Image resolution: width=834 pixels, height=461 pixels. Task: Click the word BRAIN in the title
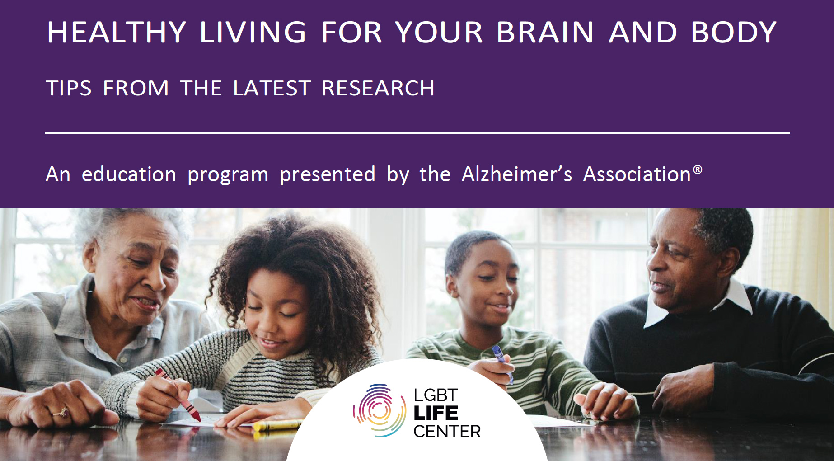[x=545, y=32]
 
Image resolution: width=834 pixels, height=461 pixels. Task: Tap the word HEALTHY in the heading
[x=117, y=32]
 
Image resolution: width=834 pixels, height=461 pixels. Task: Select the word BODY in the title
[x=734, y=32]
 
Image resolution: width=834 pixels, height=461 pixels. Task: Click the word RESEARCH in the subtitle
[x=378, y=88]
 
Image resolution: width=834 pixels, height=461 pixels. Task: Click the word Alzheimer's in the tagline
[x=517, y=174]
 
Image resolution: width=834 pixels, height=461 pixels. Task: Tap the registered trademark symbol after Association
[x=698, y=169]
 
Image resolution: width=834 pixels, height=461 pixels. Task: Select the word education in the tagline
[x=129, y=174]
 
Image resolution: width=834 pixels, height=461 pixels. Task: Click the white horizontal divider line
[x=417, y=133]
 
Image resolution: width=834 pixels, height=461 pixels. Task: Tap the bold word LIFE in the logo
[x=436, y=413]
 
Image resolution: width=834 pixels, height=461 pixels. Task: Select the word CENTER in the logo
[x=447, y=432]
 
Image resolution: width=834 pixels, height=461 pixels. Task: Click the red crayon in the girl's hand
[x=178, y=395]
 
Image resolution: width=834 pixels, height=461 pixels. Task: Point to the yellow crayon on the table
[x=277, y=425]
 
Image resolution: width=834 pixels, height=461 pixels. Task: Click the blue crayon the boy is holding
[x=502, y=364]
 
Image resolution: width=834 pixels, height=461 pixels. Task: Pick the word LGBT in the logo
[x=436, y=395]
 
